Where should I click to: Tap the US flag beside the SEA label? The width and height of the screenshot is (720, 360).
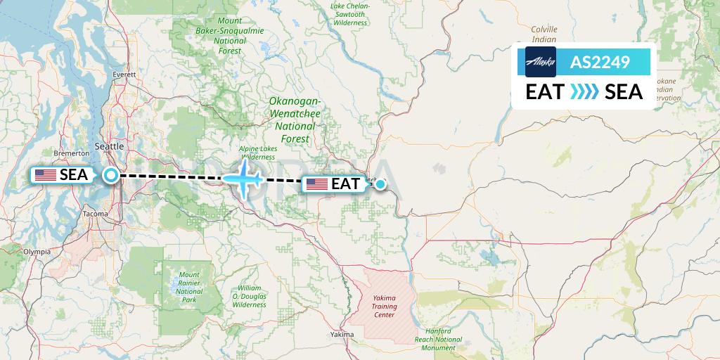[46, 175]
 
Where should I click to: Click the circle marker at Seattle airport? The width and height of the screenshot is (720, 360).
[111, 175]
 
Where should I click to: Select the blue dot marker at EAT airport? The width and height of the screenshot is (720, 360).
[380, 184]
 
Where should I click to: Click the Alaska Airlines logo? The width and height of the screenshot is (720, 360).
[541, 62]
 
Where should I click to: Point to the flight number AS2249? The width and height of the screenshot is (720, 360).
[599, 62]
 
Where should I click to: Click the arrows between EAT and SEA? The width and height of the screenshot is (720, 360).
[584, 92]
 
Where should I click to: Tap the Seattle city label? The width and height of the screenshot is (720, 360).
[108, 146]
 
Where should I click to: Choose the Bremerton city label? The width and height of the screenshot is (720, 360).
[72, 153]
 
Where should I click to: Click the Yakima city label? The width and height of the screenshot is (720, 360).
[342, 335]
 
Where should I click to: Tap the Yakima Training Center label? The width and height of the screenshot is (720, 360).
[384, 307]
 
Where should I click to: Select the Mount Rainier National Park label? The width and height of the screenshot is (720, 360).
[188, 287]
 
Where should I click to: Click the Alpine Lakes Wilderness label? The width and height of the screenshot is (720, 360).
[258, 153]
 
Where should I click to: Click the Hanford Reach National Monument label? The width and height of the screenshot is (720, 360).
[444, 339]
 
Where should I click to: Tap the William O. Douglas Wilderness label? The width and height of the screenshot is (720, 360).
[250, 297]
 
